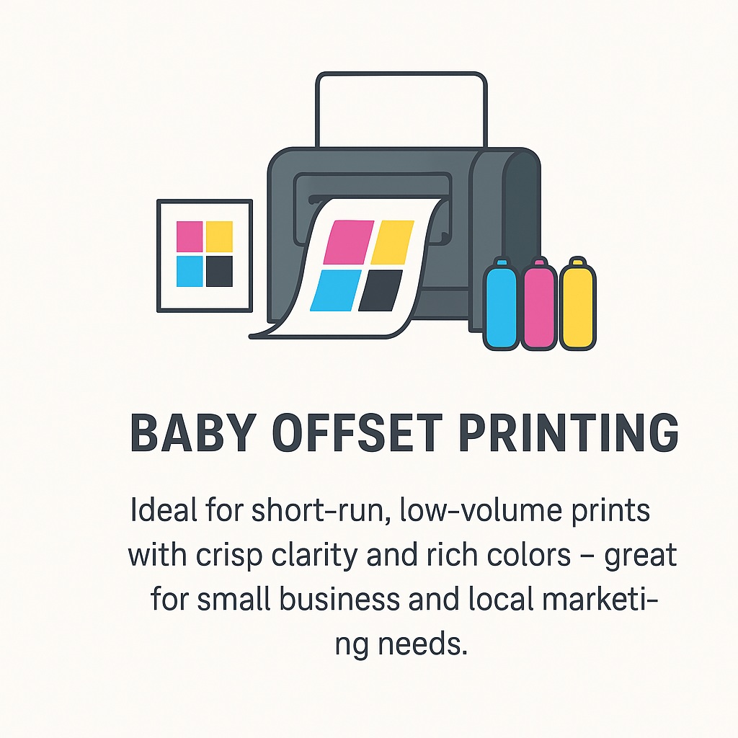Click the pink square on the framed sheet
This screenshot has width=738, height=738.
click(190, 236)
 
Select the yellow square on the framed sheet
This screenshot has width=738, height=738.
click(219, 236)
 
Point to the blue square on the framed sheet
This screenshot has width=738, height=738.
click(190, 270)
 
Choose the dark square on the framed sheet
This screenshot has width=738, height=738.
click(219, 270)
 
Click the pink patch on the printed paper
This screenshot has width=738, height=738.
click(349, 242)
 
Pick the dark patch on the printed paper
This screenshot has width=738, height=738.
click(380, 290)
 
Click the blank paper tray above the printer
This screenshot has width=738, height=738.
click(400, 108)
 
